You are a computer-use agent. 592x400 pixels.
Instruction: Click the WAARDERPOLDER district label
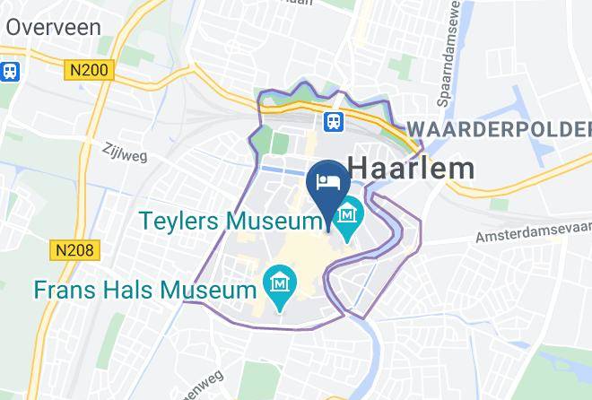(x=499, y=129)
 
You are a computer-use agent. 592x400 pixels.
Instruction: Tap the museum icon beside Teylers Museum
(x=348, y=215)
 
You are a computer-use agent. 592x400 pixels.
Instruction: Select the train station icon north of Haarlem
(x=333, y=121)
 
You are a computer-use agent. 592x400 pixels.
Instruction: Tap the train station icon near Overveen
(x=12, y=70)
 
